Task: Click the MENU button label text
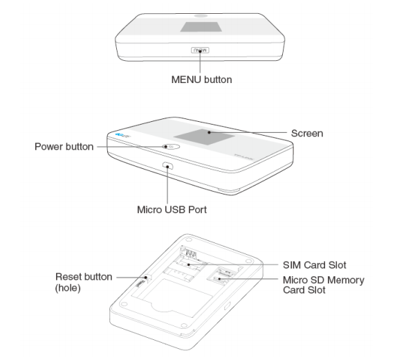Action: click(201, 80)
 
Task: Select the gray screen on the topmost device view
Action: click(200, 26)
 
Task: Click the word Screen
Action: click(306, 133)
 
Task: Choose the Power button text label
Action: click(64, 147)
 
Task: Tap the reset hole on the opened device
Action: click(147, 279)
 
